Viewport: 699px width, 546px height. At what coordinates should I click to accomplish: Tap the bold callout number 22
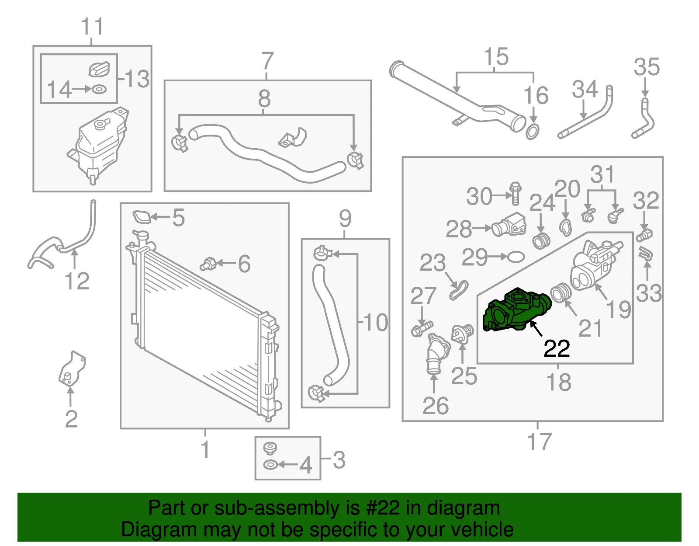pyautogui.click(x=557, y=348)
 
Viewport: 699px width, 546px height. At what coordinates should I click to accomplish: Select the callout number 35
pyautogui.click(x=647, y=67)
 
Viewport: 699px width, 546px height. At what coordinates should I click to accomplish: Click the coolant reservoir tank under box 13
pyautogui.click(x=98, y=145)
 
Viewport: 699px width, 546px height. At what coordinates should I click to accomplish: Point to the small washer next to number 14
pyautogui.click(x=100, y=89)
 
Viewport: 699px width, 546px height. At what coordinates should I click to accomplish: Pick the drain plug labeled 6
pyautogui.click(x=208, y=264)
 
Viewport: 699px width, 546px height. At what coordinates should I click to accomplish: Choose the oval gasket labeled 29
pyautogui.click(x=516, y=257)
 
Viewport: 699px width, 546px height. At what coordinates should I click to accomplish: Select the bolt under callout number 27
pyautogui.click(x=422, y=329)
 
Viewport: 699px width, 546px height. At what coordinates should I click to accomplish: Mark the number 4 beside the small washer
pyautogui.click(x=305, y=465)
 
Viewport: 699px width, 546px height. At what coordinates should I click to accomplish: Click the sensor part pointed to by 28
pyautogui.click(x=509, y=225)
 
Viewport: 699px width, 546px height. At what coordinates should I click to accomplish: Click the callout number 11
pyautogui.click(x=92, y=26)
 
